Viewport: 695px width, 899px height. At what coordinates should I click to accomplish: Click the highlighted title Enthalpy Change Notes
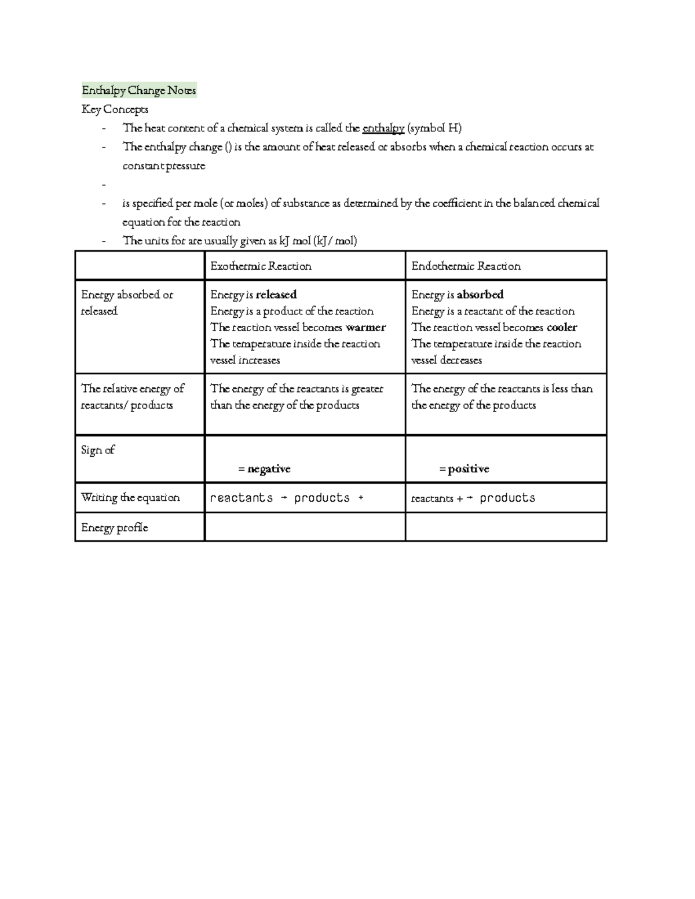pos(139,90)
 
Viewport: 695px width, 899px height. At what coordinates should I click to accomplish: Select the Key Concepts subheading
pos(115,109)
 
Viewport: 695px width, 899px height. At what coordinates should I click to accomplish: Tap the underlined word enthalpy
pos(383,128)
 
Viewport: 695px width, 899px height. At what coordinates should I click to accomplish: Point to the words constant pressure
pos(164,166)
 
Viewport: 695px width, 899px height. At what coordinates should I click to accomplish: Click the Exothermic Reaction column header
pos(261,266)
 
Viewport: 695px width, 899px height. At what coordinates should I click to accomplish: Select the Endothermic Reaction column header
pos(466,266)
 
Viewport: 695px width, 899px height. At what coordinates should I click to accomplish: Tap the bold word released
pos(276,295)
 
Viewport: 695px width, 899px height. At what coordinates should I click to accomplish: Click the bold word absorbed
pos(480,295)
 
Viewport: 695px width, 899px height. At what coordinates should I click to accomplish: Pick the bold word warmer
pos(365,328)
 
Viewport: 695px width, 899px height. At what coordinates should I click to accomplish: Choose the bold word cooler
pos(562,328)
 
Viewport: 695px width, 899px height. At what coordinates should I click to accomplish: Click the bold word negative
pos(269,469)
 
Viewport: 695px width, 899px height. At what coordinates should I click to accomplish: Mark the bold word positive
pos(469,469)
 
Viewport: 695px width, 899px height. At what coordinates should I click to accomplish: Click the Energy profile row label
pos(115,527)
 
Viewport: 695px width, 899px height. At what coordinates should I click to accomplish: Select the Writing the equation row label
pos(130,498)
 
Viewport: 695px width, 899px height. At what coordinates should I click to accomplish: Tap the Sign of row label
pos(98,450)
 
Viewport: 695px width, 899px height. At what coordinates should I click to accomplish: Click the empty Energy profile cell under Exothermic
pos(305,527)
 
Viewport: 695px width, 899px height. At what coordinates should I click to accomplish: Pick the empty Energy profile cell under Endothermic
pos(506,527)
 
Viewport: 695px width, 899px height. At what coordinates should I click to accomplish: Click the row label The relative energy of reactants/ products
pos(133,397)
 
